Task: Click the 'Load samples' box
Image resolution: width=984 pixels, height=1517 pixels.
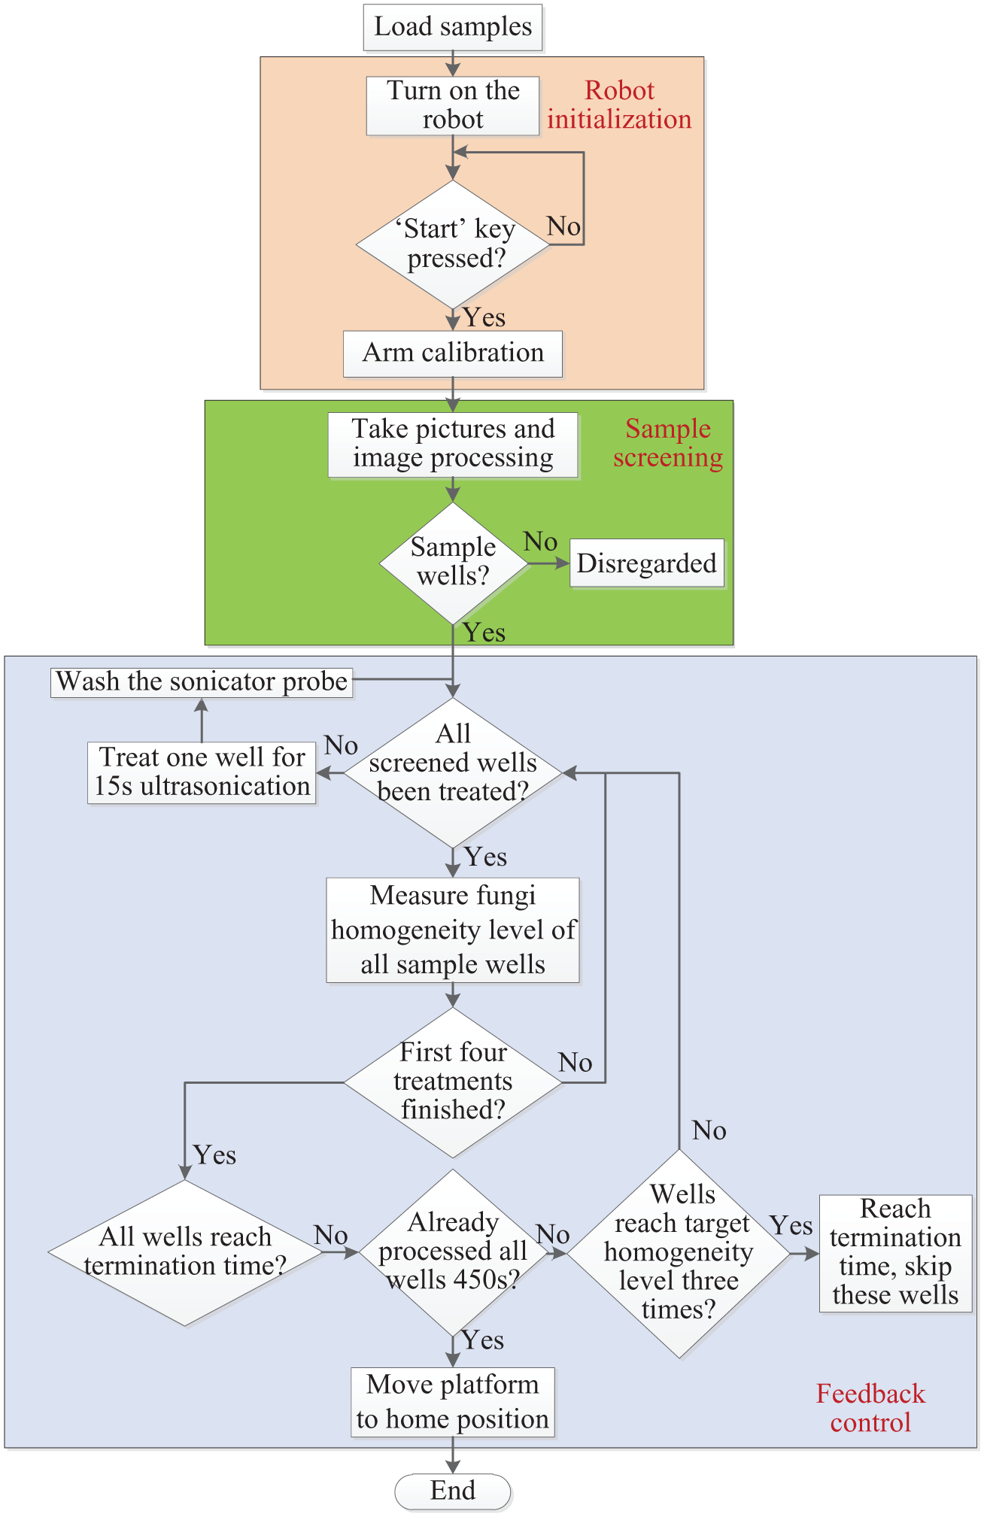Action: coord(453,28)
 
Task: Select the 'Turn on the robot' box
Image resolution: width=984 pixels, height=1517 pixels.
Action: coord(453,106)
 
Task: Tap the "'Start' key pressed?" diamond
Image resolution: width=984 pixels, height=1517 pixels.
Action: coord(453,244)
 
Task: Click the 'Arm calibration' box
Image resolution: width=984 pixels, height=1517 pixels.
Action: coord(453,353)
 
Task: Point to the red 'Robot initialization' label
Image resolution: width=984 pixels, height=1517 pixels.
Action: coord(619,105)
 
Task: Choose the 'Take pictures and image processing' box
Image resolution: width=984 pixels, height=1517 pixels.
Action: coord(453,444)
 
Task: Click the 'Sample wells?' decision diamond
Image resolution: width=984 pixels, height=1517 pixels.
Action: coord(453,563)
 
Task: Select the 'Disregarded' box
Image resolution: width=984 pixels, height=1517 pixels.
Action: coord(647,563)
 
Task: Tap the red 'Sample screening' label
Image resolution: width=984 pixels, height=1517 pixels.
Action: coord(668,443)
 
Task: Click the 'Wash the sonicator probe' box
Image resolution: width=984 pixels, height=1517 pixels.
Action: coord(202,682)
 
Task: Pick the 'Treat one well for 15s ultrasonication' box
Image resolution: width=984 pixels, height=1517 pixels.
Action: coord(202,772)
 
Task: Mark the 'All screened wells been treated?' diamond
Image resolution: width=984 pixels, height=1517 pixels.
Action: coord(453,772)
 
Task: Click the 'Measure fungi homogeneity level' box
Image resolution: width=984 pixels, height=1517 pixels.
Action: coord(453,930)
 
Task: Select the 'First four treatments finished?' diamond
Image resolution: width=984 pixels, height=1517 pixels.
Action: coord(453,1082)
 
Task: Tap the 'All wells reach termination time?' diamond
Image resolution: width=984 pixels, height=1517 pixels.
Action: coord(185,1252)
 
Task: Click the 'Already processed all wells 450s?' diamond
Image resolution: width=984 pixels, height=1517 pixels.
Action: coord(453,1252)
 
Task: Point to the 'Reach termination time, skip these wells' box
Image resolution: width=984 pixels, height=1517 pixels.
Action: coord(895,1253)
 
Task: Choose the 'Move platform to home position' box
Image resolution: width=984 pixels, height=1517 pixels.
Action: coord(453,1402)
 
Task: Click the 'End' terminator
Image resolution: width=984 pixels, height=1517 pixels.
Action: coord(453,1491)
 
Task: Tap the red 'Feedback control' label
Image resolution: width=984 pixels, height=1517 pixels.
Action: coord(870,1408)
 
